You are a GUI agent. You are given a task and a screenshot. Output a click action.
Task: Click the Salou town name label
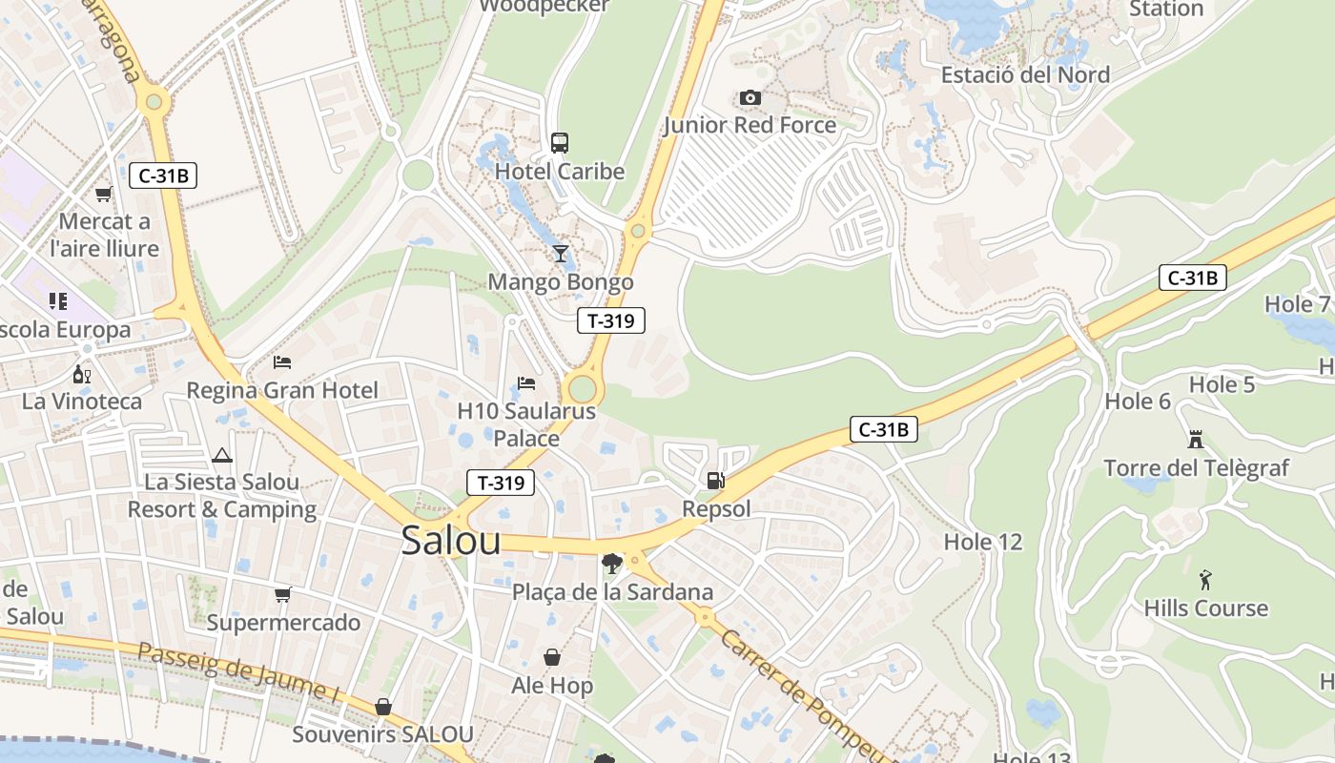451,541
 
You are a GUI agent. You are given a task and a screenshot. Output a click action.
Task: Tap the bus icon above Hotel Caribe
560,143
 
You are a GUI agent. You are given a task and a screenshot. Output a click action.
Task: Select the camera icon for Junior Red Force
750,97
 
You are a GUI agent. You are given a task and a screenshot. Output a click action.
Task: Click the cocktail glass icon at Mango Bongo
560,254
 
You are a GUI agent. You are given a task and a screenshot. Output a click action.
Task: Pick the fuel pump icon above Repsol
716,481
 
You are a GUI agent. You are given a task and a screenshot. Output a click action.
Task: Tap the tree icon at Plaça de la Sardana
612,564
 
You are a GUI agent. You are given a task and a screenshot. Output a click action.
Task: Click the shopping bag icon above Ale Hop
552,657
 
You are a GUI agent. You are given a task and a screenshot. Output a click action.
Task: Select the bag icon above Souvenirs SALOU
382,707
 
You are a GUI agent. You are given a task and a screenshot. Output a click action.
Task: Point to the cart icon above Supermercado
283,595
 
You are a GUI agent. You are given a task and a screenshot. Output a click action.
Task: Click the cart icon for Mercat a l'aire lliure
104,195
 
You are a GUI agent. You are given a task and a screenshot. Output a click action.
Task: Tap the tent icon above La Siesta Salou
222,455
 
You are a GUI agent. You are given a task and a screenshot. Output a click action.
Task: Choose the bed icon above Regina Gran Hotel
282,362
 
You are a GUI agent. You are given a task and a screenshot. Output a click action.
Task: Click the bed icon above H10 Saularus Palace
526,383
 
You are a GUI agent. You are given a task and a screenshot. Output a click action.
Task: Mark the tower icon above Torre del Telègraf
1196,440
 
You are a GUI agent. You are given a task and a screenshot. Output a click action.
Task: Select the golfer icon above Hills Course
1205,580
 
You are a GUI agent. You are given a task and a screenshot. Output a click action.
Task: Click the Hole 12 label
982,542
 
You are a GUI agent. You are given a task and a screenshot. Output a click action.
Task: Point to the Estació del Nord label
1025,74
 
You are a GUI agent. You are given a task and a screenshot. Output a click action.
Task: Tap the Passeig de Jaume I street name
237,673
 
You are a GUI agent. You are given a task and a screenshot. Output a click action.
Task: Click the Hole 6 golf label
1138,402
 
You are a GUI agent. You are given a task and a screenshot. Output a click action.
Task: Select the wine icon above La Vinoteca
82,374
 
